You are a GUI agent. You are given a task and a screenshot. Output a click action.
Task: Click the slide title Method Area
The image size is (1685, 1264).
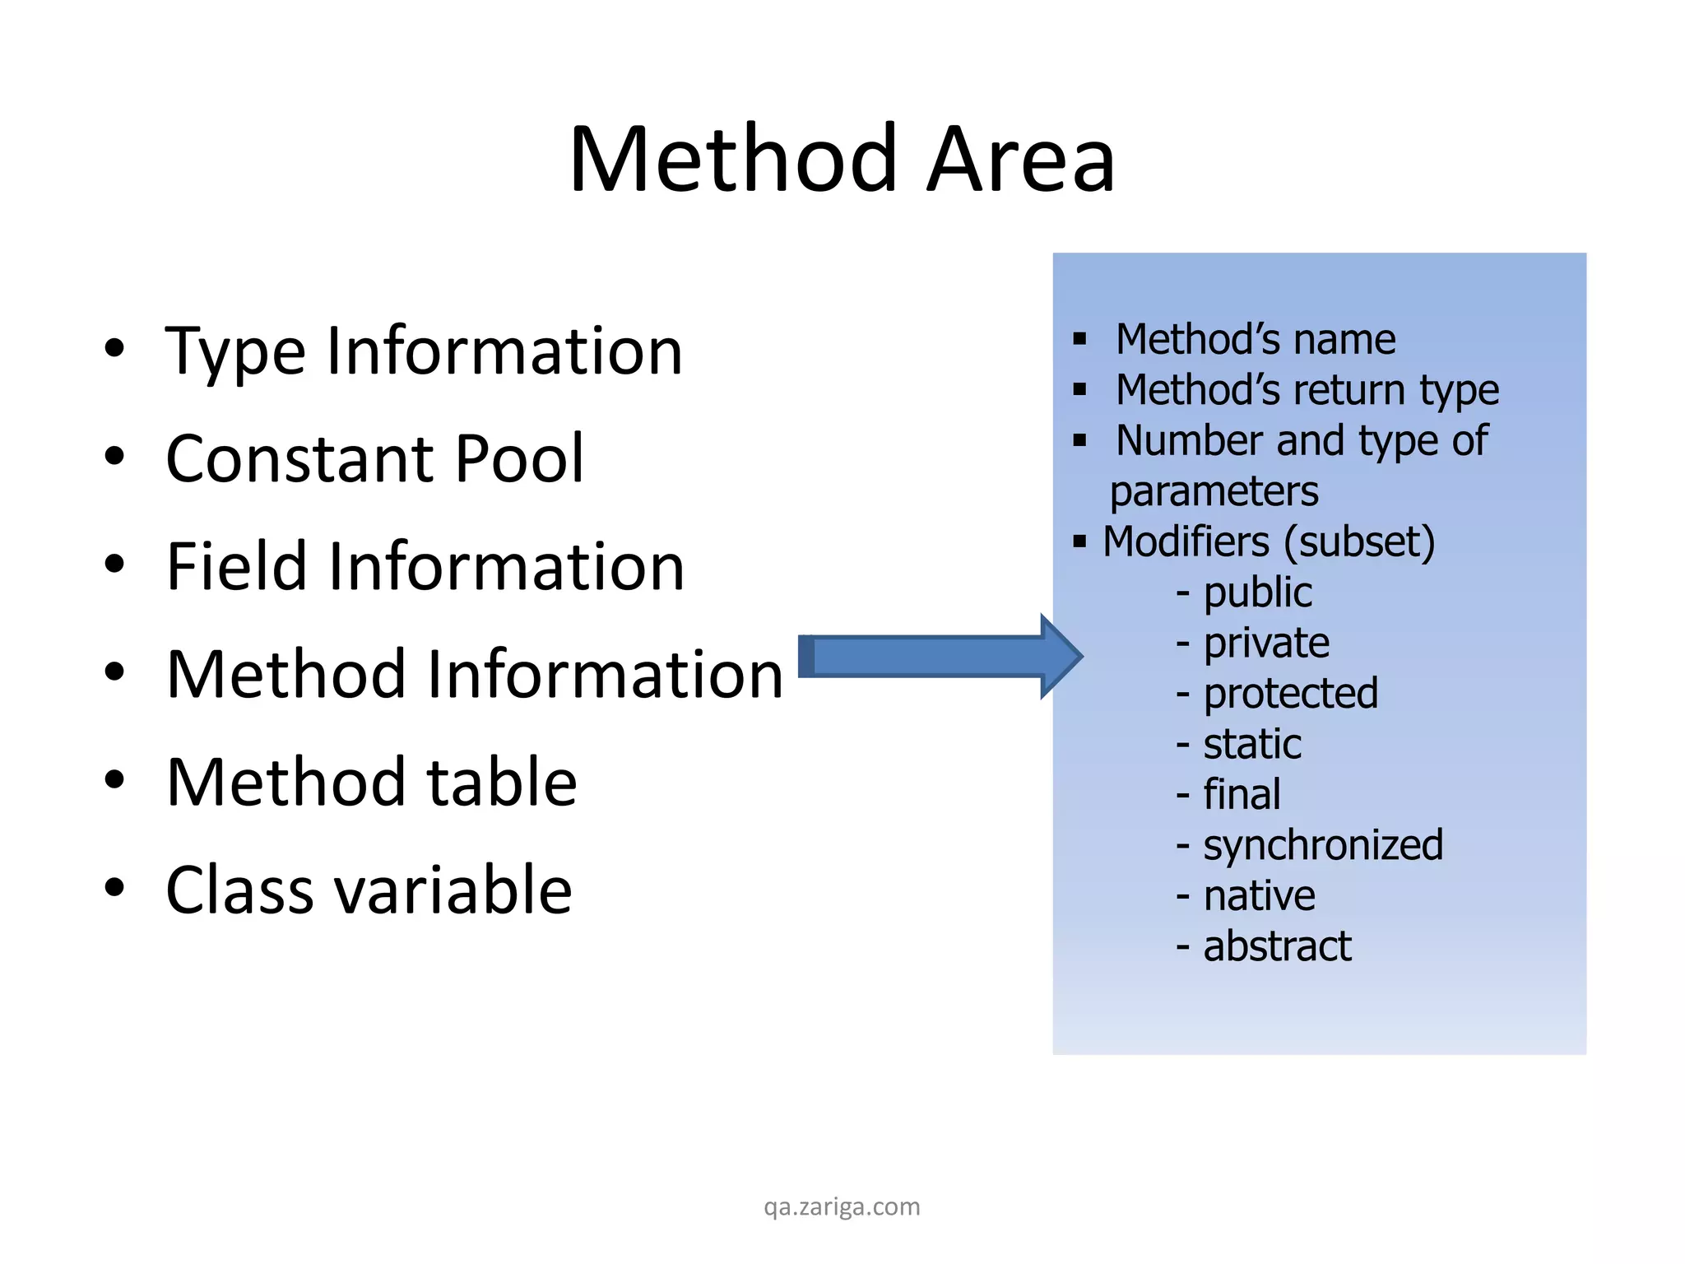(841, 159)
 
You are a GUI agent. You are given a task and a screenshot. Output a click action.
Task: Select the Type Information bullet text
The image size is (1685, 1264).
(424, 351)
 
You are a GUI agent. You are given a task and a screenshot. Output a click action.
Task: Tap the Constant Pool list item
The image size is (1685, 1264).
(374, 458)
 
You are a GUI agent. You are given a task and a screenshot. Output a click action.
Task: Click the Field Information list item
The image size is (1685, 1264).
(425, 566)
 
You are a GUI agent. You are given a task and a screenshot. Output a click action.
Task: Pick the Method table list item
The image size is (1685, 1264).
(371, 782)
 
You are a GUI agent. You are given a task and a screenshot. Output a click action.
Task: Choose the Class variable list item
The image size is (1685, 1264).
(369, 890)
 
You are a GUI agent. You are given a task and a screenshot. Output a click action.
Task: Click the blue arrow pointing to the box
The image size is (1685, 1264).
(938, 656)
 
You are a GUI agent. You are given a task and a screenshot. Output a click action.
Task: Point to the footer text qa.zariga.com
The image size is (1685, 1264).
(842, 1206)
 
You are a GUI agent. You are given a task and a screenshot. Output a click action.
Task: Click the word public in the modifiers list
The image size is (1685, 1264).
(1257, 592)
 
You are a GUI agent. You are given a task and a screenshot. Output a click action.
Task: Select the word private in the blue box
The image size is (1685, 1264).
(1265, 643)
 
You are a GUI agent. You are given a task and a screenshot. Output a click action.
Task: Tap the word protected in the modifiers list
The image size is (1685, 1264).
(1290, 693)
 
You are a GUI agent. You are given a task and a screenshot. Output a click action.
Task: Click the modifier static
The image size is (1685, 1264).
(1252, 744)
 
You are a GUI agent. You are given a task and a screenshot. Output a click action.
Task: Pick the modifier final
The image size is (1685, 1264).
(1242, 794)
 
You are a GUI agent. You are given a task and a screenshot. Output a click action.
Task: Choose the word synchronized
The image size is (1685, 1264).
(1323, 845)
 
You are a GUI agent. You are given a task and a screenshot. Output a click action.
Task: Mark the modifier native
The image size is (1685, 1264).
(1259, 895)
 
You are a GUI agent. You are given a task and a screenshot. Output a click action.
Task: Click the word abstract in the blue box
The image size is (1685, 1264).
(1277, 946)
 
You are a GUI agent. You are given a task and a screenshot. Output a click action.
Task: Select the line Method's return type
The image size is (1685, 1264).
(1307, 390)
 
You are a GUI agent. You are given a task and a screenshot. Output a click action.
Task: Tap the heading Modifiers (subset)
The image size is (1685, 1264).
(1269, 541)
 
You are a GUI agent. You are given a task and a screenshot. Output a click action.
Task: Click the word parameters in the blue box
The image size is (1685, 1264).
(1214, 491)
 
